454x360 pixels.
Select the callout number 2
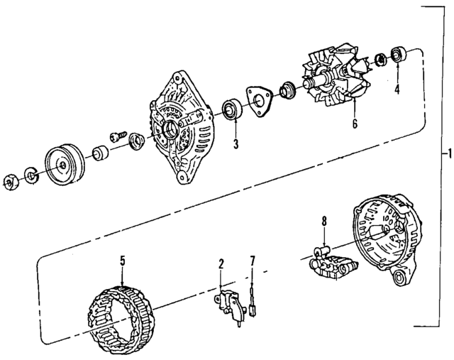(x=221, y=265)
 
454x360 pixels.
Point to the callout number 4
(x=397, y=90)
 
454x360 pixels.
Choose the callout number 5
(x=122, y=261)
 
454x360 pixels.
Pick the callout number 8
(x=323, y=222)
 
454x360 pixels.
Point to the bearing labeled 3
(x=232, y=110)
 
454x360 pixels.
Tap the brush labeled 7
(x=253, y=305)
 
